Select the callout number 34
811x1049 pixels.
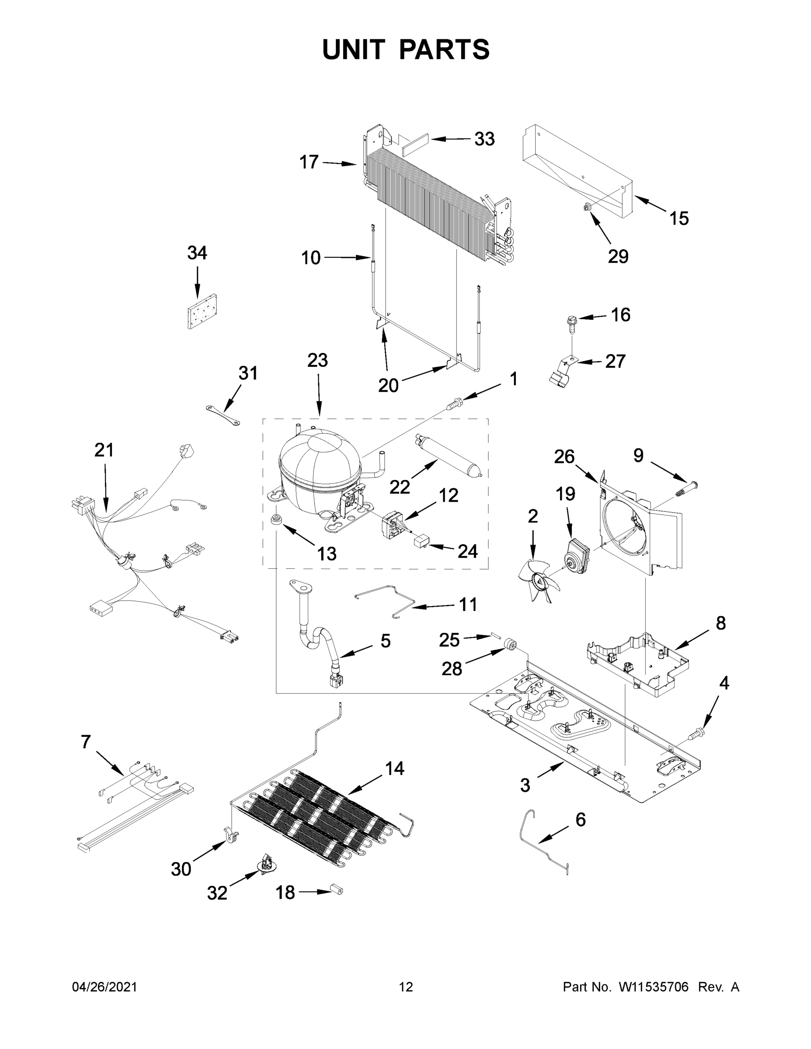coord(197,253)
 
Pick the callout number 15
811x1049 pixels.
coord(679,219)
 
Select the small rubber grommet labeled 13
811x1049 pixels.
coord(277,519)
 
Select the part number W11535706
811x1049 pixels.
coord(654,987)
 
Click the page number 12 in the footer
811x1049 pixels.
coord(406,987)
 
